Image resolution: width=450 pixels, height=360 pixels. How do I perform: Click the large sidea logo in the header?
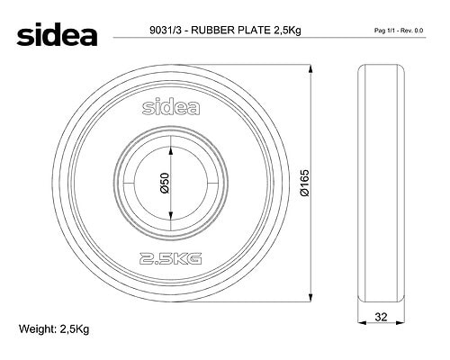[57, 34]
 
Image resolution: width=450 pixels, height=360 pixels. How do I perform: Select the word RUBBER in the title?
[213, 31]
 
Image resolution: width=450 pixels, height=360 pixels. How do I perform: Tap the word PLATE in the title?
[254, 31]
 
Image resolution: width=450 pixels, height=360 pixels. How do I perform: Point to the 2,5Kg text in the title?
[287, 31]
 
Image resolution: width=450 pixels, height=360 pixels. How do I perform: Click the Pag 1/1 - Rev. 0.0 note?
[399, 31]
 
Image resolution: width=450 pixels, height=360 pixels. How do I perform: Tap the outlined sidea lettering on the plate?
[171, 107]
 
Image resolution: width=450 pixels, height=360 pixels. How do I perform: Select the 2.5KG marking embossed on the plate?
[170, 258]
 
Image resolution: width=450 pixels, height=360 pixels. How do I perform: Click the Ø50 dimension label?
[165, 183]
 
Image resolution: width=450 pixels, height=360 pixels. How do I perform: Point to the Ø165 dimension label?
[304, 183]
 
